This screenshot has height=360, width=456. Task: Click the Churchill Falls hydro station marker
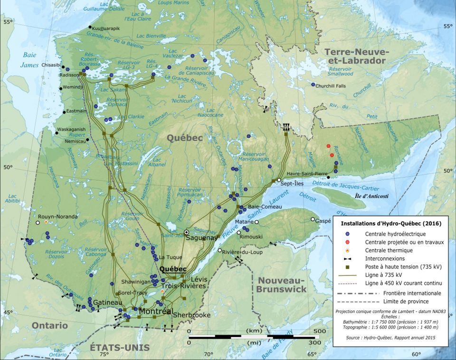coord(313,85)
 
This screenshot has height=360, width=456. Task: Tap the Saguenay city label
coord(201,237)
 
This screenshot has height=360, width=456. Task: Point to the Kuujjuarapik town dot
coord(89,28)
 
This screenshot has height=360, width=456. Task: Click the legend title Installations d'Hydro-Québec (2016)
coord(388,223)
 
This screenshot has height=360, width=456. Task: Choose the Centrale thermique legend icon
coord(348,250)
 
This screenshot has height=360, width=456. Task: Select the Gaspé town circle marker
coord(313,219)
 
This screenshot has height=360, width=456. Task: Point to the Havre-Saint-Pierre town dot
coord(328,178)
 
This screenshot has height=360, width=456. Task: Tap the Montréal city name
coord(154,311)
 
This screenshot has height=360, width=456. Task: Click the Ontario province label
coord(50,325)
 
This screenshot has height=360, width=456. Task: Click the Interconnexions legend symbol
coord(348,258)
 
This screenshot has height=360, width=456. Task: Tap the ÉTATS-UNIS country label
coord(120,348)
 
